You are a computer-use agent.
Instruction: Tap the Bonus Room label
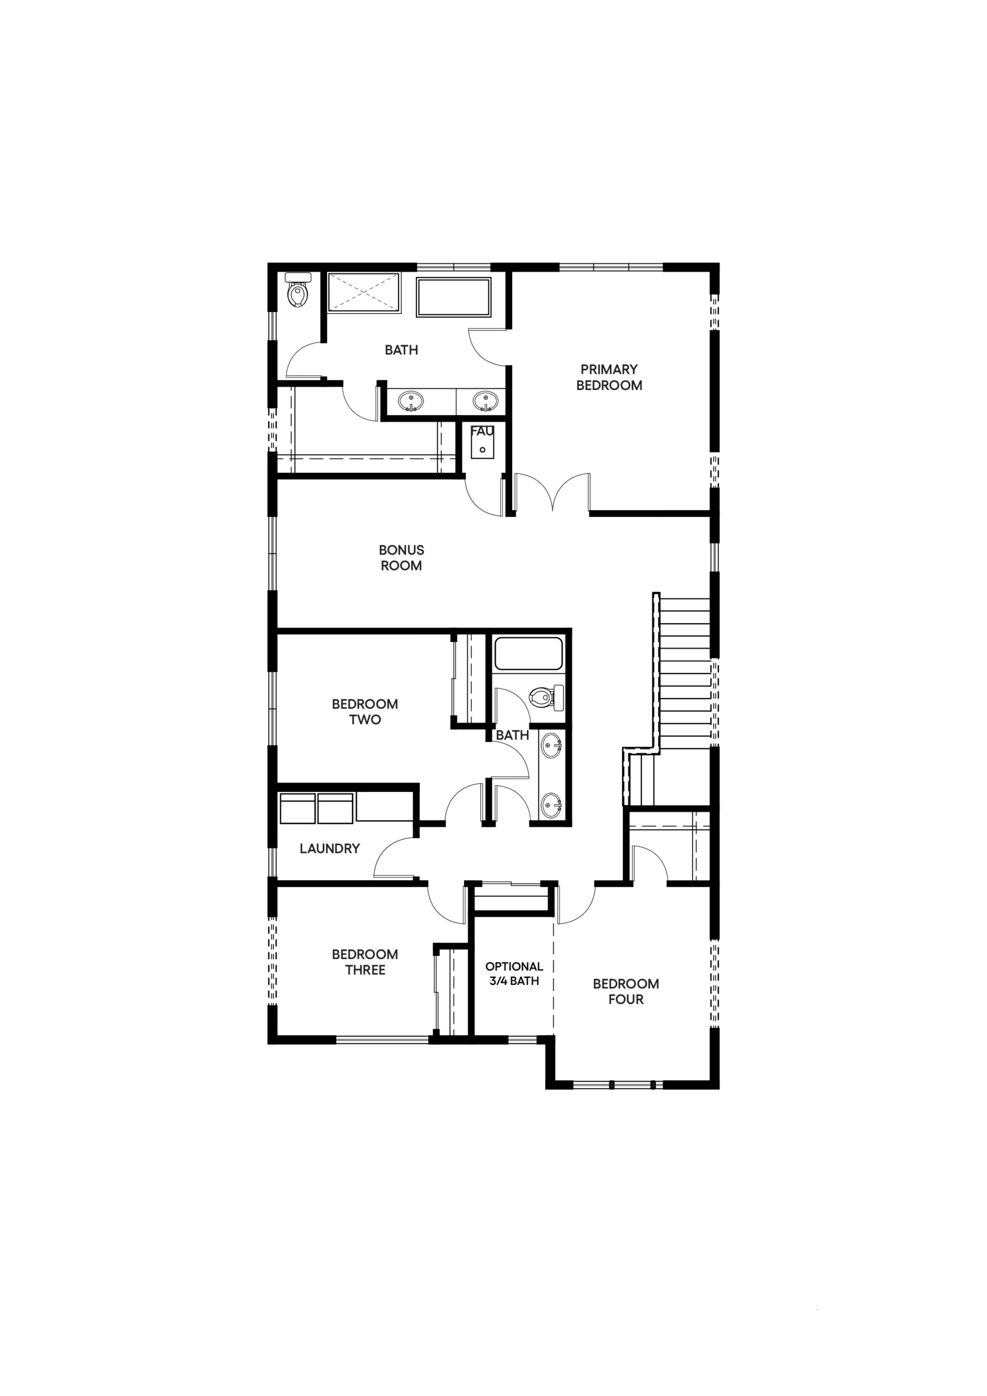(401, 557)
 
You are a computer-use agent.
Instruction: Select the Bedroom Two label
(365, 712)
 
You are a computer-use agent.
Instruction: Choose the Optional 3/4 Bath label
(514, 973)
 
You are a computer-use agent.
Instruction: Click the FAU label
(482, 431)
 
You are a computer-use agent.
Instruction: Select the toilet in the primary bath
(298, 289)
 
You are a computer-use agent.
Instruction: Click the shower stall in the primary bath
(364, 293)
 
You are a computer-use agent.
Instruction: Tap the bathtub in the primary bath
(454, 297)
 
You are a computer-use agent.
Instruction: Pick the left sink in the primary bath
(411, 401)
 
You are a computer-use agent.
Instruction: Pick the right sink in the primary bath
(485, 401)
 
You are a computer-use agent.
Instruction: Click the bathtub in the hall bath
(528, 654)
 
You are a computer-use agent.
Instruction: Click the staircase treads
(685, 673)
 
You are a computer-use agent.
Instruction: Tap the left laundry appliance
(297, 808)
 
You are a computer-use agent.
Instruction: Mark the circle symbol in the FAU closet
(482, 450)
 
